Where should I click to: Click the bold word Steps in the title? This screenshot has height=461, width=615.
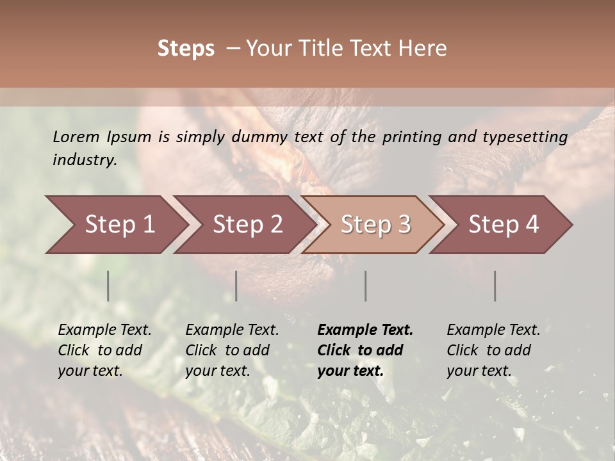point(186,49)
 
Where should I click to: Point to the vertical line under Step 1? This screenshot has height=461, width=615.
point(108,286)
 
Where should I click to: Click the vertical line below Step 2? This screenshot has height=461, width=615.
point(236,286)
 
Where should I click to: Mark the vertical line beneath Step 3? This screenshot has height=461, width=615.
point(366,286)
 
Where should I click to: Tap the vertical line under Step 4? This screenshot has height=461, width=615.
point(495,286)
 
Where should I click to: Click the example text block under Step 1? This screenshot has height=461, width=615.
point(104,350)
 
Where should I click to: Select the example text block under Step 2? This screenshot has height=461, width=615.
point(232,350)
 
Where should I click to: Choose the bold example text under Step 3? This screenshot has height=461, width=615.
point(365,350)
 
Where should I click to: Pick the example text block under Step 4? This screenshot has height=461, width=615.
point(493,350)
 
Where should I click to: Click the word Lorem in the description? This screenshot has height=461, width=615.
point(76,136)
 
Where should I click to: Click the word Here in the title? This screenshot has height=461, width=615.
point(425,49)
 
